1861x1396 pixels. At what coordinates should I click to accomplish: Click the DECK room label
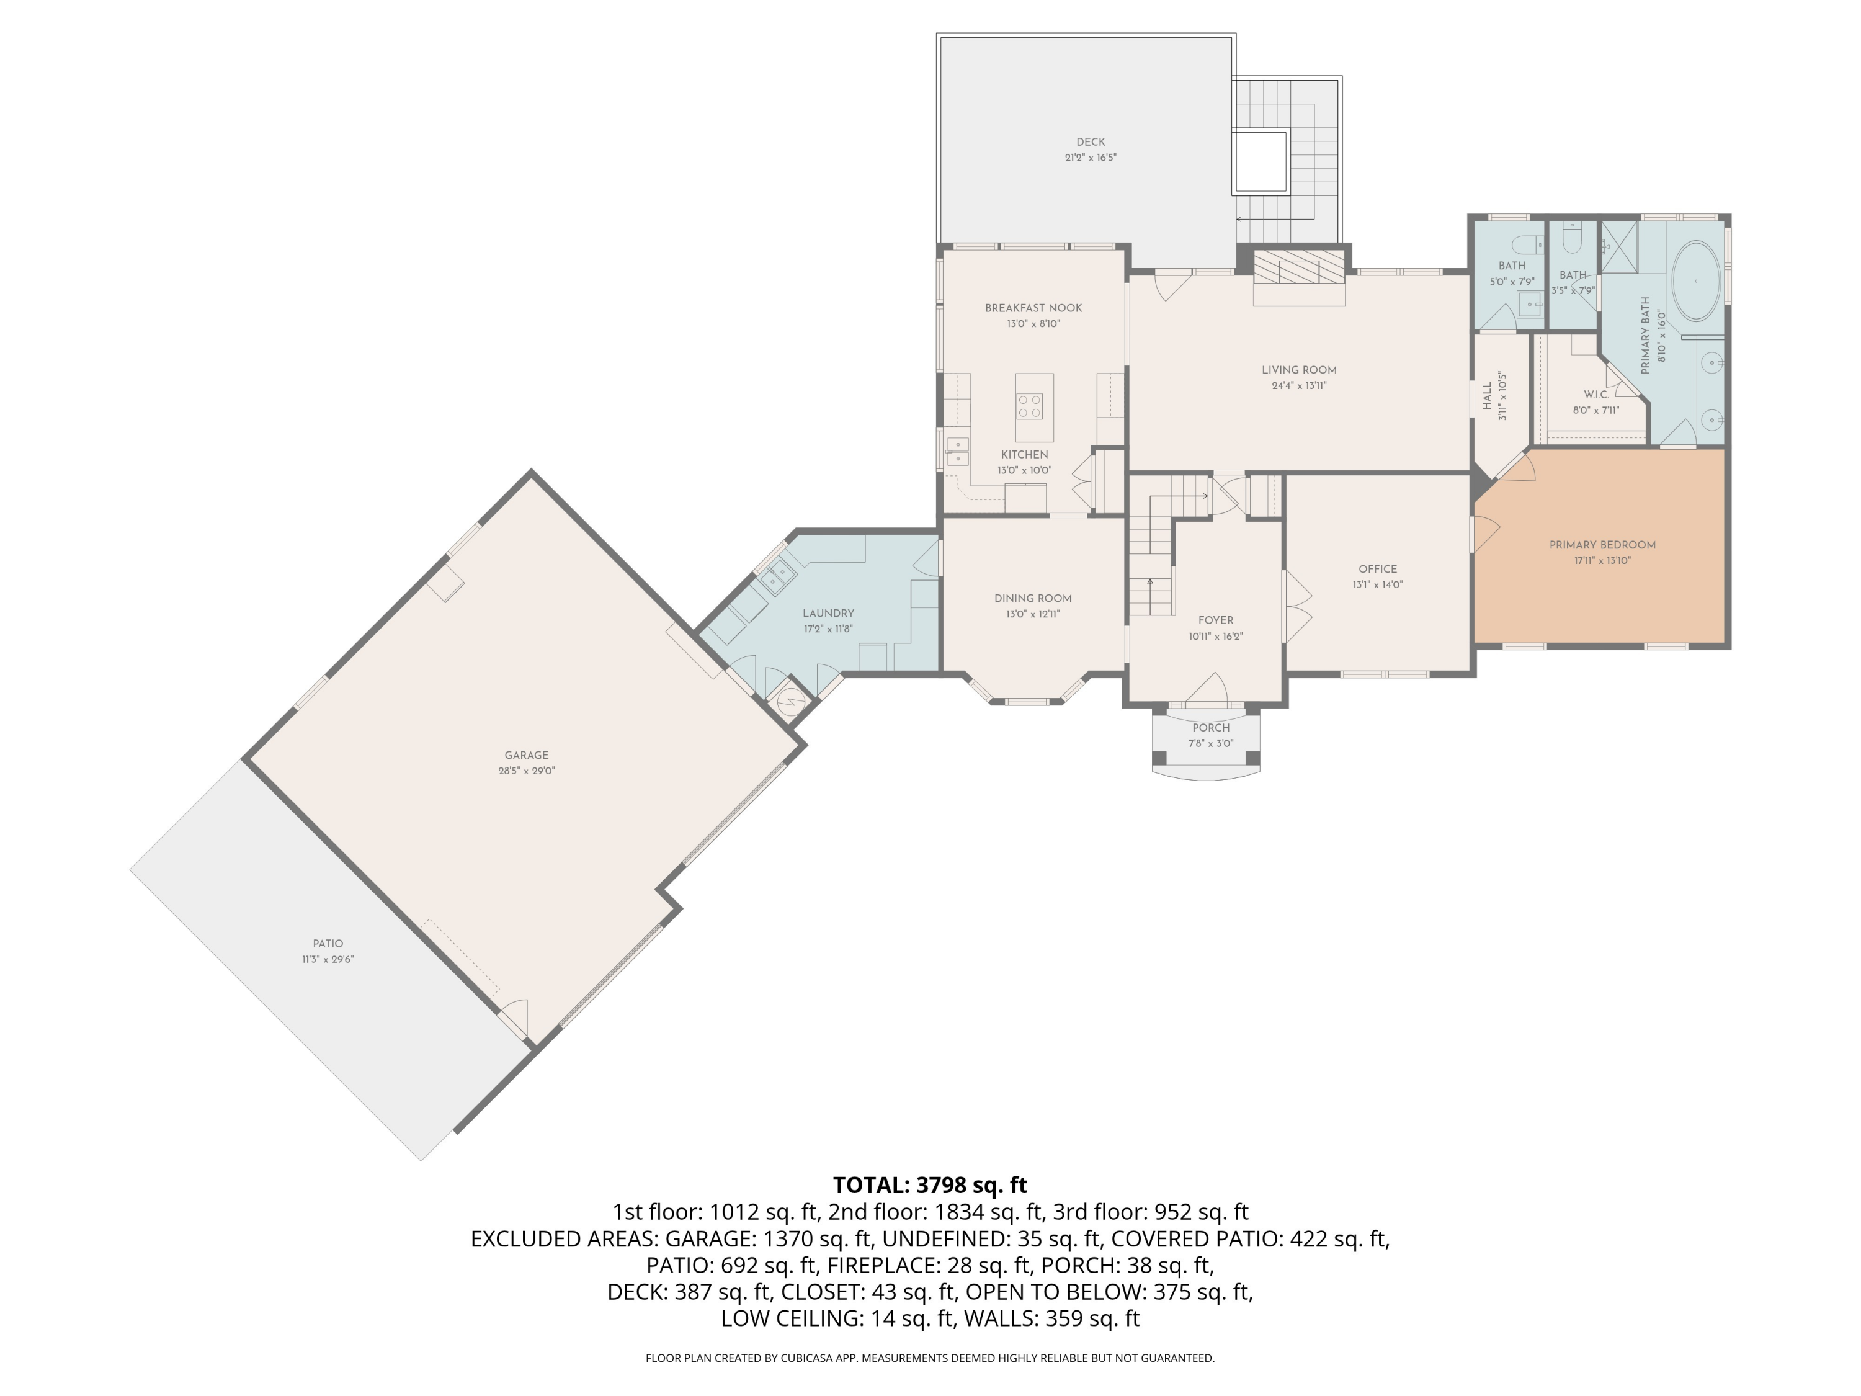click(1091, 142)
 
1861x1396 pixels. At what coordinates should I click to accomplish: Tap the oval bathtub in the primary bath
click(1694, 281)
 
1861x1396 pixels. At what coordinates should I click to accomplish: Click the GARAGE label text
click(527, 755)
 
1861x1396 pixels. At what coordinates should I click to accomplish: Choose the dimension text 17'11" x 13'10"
click(1603, 560)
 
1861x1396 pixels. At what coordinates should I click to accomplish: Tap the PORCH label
click(1211, 728)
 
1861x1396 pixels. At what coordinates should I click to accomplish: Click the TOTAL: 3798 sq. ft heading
click(930, 1185)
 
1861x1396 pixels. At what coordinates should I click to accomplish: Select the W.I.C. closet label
click(1596, 395)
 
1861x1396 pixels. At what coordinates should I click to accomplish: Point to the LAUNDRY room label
click(828, 614)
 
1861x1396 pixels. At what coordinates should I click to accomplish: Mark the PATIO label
click(328, 943)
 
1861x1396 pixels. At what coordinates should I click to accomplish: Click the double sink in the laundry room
click(779, 578)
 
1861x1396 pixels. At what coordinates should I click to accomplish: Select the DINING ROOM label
click(1033, 598)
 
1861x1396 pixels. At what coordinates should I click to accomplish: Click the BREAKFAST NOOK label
click(1034, 308)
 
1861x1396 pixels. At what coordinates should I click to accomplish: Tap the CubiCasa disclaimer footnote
click(930, 1358)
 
